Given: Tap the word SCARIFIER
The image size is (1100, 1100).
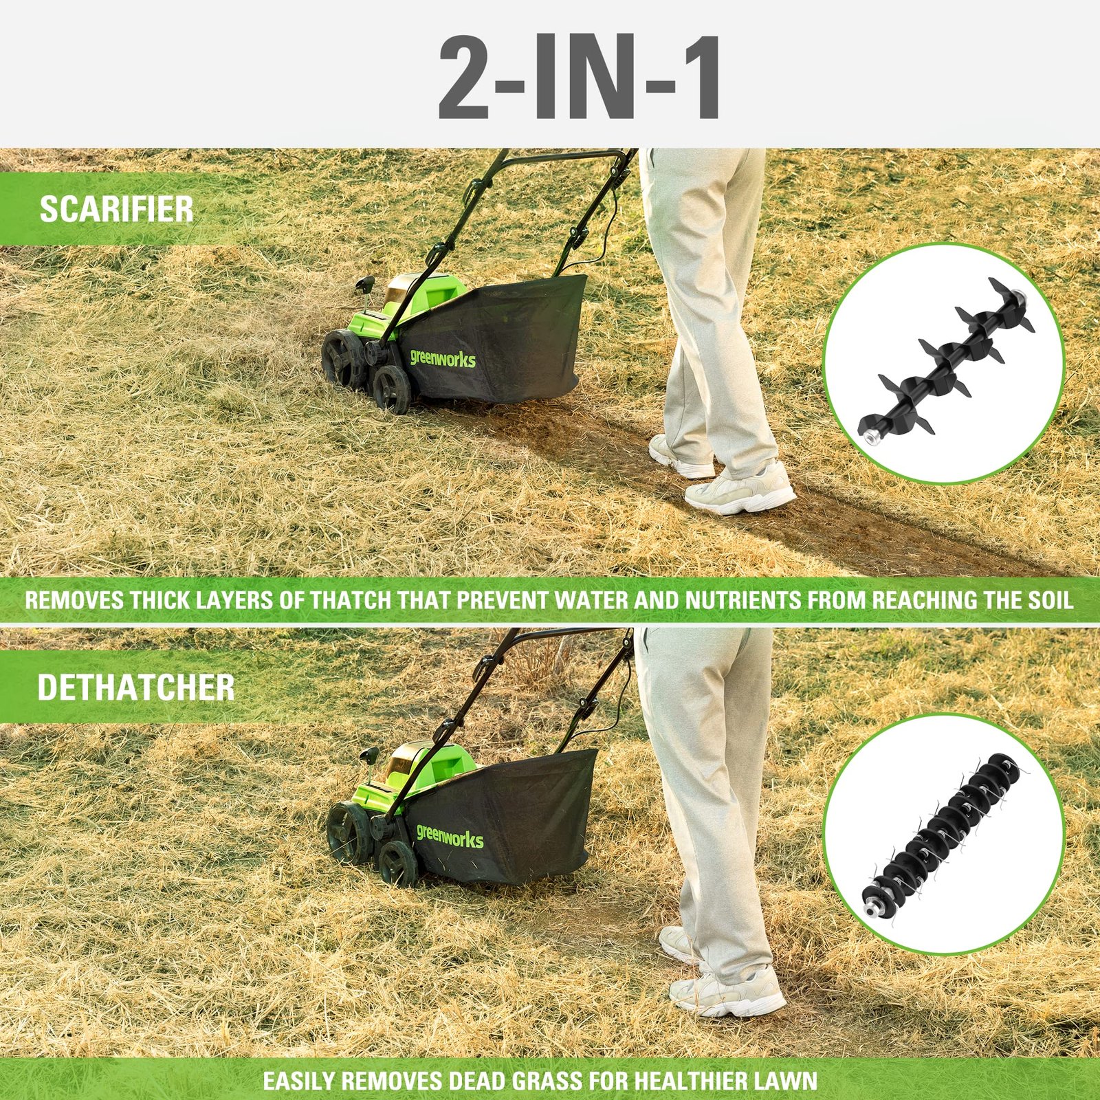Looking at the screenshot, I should click(116, 209).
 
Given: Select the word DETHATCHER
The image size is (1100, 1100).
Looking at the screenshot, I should click(135, 687).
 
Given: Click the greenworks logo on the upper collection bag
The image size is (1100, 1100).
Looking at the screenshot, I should click(443, 357).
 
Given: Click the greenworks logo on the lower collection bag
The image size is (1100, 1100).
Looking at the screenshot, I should click(450, 835).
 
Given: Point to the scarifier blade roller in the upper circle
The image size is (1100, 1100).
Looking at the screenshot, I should click(942, 361).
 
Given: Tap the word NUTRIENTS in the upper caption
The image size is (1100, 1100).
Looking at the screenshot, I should click(744, 599).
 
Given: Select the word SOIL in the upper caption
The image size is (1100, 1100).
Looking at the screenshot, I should click(1050, 599).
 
